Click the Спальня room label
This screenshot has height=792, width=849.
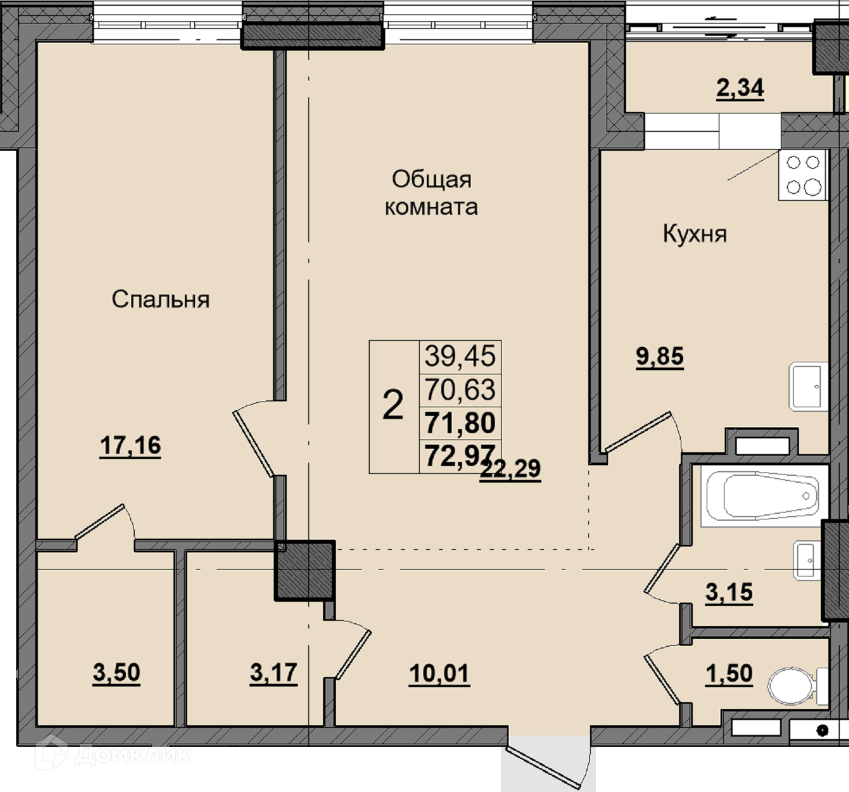coord(161,300)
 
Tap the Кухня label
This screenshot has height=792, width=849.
coord(695,234)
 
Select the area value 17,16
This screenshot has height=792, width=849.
coord(130,445)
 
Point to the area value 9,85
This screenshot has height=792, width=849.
coord(660,356)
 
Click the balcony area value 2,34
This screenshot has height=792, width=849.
coord(740,89)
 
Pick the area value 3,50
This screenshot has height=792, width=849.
coord(116,673)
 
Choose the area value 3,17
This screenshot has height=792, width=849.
coord(274,672)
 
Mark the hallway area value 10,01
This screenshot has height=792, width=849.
coord(439,673)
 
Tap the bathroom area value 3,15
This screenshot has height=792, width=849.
coord(729,592)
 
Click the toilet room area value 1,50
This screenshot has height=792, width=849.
coord(729,673)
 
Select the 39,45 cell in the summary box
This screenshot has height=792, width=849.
coord(460,356)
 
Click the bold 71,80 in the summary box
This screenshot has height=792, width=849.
coord(460,423)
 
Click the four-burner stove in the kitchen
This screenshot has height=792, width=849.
coord(803,175)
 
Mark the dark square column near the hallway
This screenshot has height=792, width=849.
coord(304,571)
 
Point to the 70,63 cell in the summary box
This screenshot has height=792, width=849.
coord(460,389)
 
